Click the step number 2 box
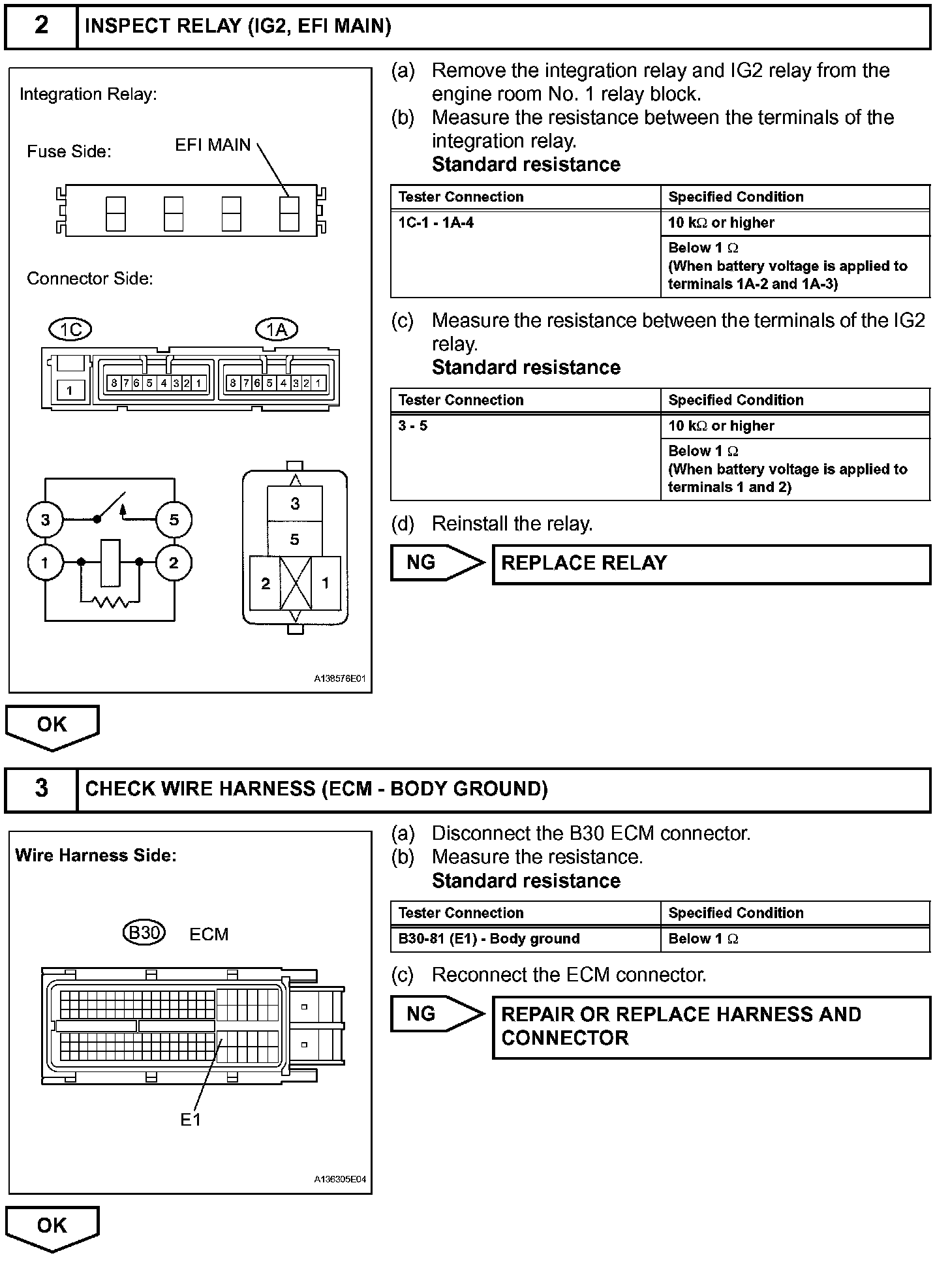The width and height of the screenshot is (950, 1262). pos(41,26)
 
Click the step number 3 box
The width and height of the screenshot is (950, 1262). pos(41,788)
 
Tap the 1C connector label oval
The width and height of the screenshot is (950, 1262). pos(70,330)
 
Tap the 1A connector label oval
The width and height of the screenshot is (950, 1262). pos(277,330)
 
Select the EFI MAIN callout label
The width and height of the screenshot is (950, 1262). pos(213,145)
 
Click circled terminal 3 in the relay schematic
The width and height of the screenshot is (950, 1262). pos(45,520)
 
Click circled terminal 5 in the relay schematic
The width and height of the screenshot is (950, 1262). pos(174,520)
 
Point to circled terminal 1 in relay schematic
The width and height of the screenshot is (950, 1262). pos(45,562)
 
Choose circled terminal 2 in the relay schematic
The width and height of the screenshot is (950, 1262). pos(174,562)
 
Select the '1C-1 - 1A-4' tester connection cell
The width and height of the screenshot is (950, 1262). pos(525,253)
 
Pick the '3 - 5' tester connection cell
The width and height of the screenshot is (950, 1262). pos(525,456)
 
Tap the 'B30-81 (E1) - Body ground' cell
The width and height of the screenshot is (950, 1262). pos(525,939)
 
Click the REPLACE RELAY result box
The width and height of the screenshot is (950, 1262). pos(711,564)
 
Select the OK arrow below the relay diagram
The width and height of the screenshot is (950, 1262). pos(52,727)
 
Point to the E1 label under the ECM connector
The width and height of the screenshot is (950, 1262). pos(191,1120)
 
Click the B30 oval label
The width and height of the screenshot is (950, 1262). pos(144,933)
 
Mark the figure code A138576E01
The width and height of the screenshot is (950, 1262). pos(339,679)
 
